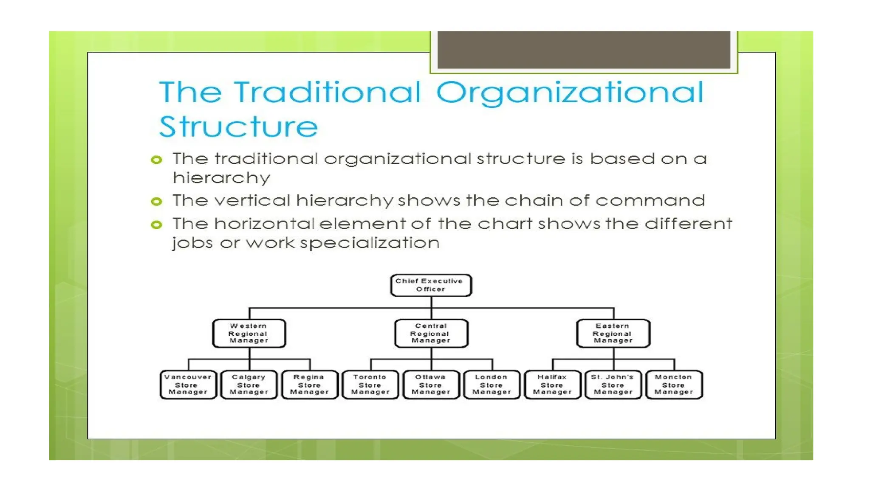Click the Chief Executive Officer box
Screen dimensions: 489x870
(x=431, y=285)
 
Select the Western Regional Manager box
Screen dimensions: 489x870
(x=249, y=333)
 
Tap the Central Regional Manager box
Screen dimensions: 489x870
(x=431, y=333)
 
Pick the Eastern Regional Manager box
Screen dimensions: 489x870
(x=613, y=333)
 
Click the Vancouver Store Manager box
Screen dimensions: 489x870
(x=188, y=385)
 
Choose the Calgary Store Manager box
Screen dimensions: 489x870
(x=249, y=385)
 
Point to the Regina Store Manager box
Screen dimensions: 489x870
(x=310, y=385)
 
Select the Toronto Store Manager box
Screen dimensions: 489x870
(x=370, y=385)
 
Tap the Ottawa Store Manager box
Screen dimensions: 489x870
(x=431, y=385)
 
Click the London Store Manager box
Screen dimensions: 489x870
(x=491, y=385)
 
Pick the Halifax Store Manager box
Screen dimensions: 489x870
(x=552, y=385)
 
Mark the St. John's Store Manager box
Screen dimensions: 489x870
(x=613, y=385)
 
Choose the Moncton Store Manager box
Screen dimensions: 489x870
(x=674, y=385)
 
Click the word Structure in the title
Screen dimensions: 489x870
(x=238, y=126)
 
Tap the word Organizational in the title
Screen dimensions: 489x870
(x=570, y=93)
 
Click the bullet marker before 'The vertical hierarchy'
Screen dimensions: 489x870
(x=157, y=201)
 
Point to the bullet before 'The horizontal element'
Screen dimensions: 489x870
(x=157, y=225)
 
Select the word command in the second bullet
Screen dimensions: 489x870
(x=650, y=200)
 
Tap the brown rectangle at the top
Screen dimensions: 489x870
(x=584, y=49)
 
